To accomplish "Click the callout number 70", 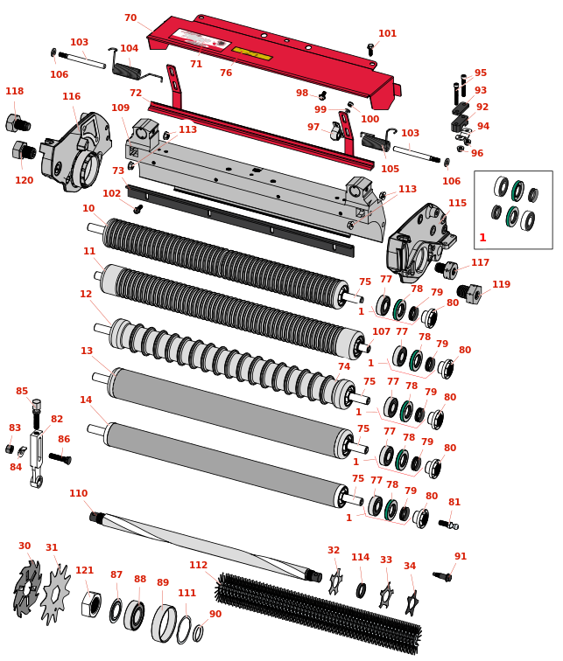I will [x=130, y=17].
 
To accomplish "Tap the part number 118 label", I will [x=14, y=91].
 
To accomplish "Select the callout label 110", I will [x=79, y=493].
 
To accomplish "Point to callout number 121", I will [x=84, y=570].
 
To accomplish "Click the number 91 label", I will [x=461, y=556].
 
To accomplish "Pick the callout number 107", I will [x=381, y=331].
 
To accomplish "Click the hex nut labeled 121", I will [x=92, y=603].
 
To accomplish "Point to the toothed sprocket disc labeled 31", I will [x=56, y=594].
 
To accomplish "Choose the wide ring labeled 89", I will [x=164, y=623].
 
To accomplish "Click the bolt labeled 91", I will [x=442, y=576].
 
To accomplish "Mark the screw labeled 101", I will [x=370, y=50].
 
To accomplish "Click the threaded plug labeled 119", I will [x=469, y=293].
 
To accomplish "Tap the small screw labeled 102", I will [x=137, y=209].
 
